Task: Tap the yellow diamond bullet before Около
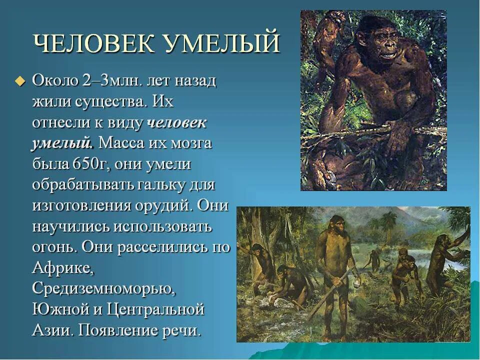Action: (20, 81)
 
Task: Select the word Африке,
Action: (63, 268)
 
